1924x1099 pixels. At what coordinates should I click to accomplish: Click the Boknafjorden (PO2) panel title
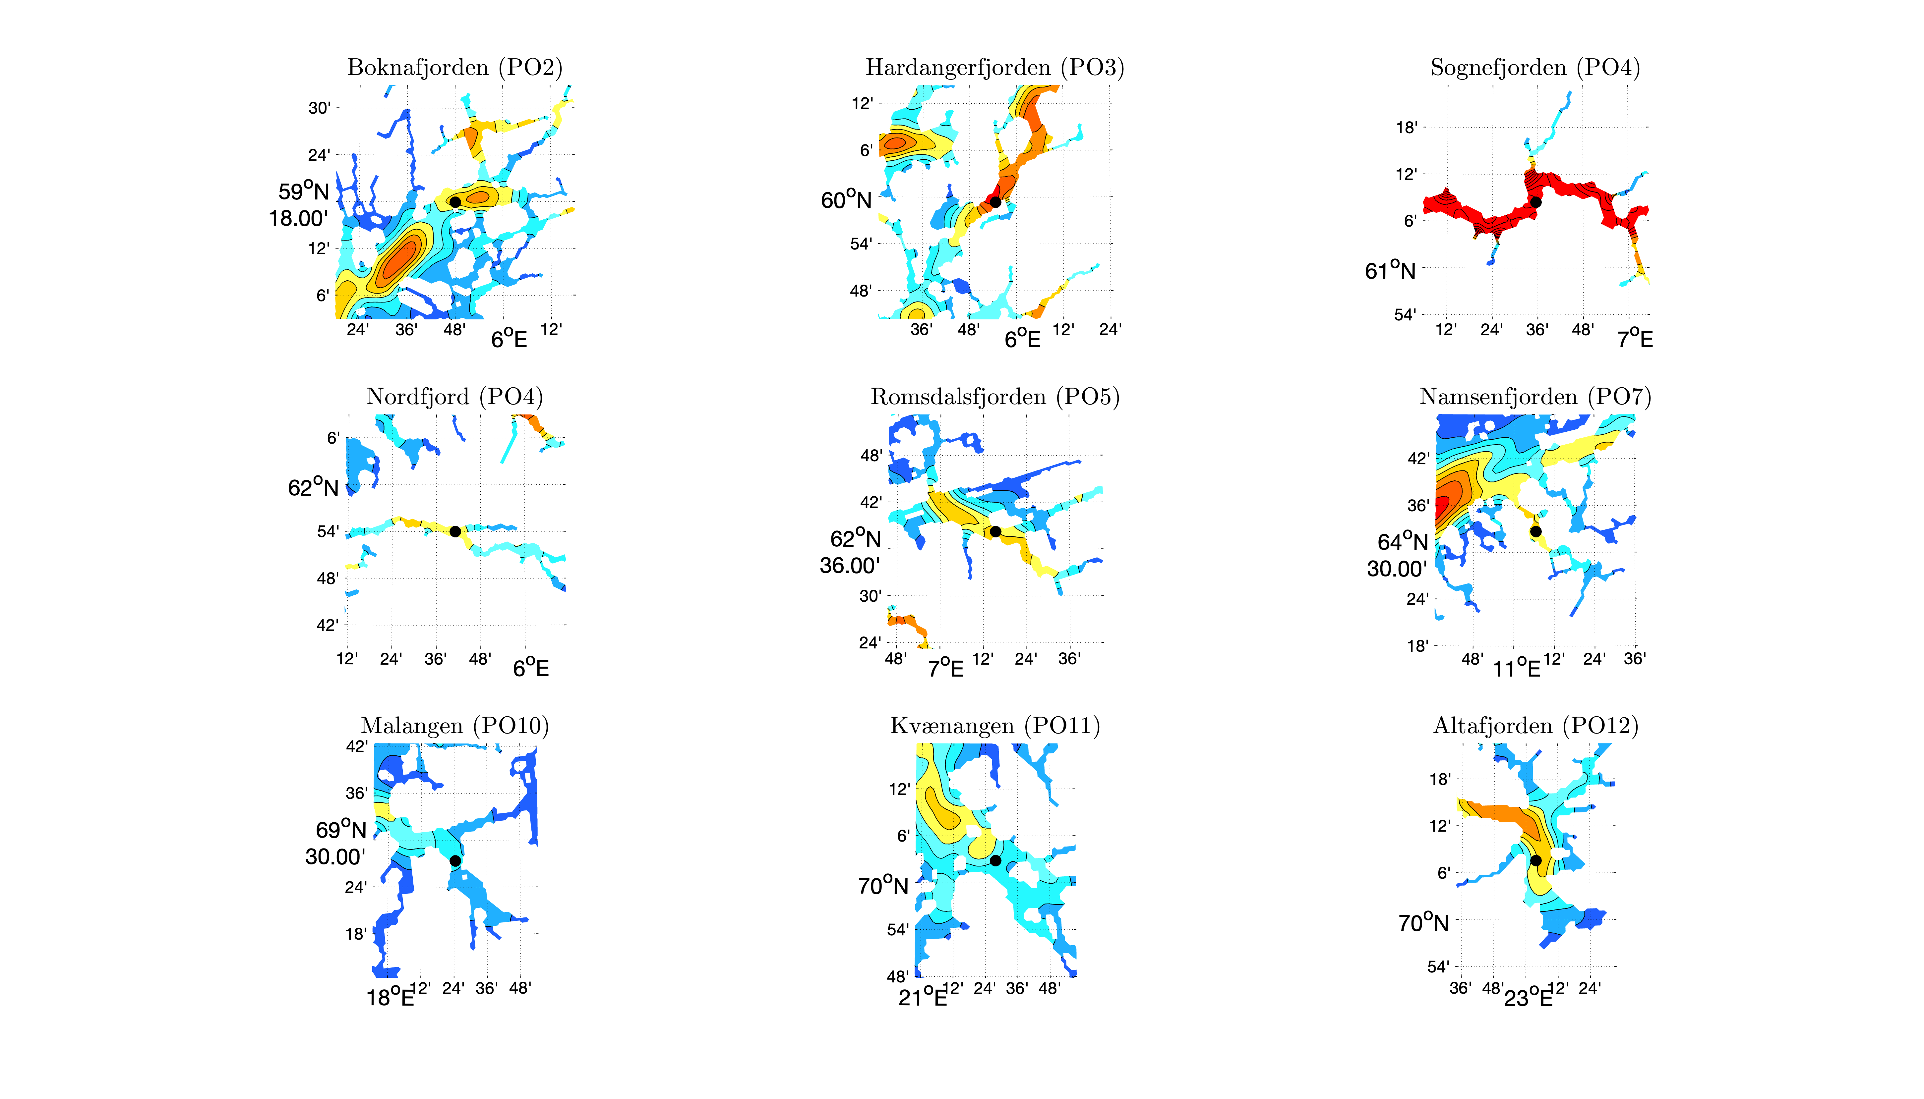click(454, 68)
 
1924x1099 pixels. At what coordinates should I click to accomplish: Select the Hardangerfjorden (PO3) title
click(994, 68)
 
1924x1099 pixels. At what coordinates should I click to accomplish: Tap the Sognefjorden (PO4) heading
click(1535, 68)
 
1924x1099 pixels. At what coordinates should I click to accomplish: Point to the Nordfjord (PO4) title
click(454, 397)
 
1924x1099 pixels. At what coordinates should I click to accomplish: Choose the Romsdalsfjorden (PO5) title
click(994, 397)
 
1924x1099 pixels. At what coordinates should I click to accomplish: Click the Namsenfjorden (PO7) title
click(1535, 397)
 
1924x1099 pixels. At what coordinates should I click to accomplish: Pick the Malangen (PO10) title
click(454, 726)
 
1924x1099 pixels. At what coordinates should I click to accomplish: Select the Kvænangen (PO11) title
click(994, 726)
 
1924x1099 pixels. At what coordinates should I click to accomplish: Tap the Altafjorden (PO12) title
click(1535, 726)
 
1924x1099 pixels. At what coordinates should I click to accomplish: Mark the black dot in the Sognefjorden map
click(1535, 202)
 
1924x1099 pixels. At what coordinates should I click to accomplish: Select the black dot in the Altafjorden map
click(1535, 860)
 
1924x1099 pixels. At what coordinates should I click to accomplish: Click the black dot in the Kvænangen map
click(995, 860)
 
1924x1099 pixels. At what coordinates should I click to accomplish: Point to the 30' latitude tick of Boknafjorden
click(320, 108)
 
